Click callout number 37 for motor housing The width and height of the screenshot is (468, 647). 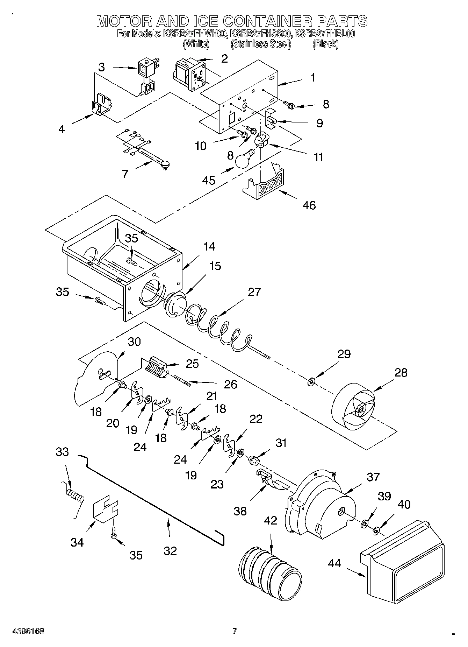click(373, 477)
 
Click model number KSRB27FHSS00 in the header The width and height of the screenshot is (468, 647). click(260, 34)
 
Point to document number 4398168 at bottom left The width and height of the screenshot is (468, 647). click(28, 631)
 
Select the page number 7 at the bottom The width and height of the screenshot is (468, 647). click(235, 631)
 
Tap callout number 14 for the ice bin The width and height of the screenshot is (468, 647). click(209, 247)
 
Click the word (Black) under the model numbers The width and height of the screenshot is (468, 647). click(325, 44)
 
